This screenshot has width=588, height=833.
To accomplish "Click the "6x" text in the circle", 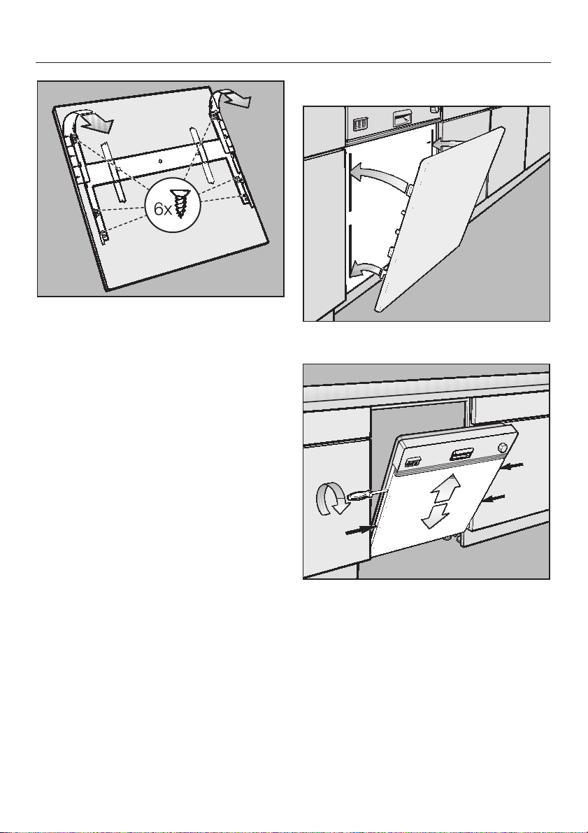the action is [162, 210].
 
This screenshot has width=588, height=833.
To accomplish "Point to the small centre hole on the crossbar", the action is [160, 160].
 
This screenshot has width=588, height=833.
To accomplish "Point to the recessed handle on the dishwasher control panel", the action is [461, 455].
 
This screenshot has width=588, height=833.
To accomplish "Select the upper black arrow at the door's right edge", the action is [513, 466].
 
